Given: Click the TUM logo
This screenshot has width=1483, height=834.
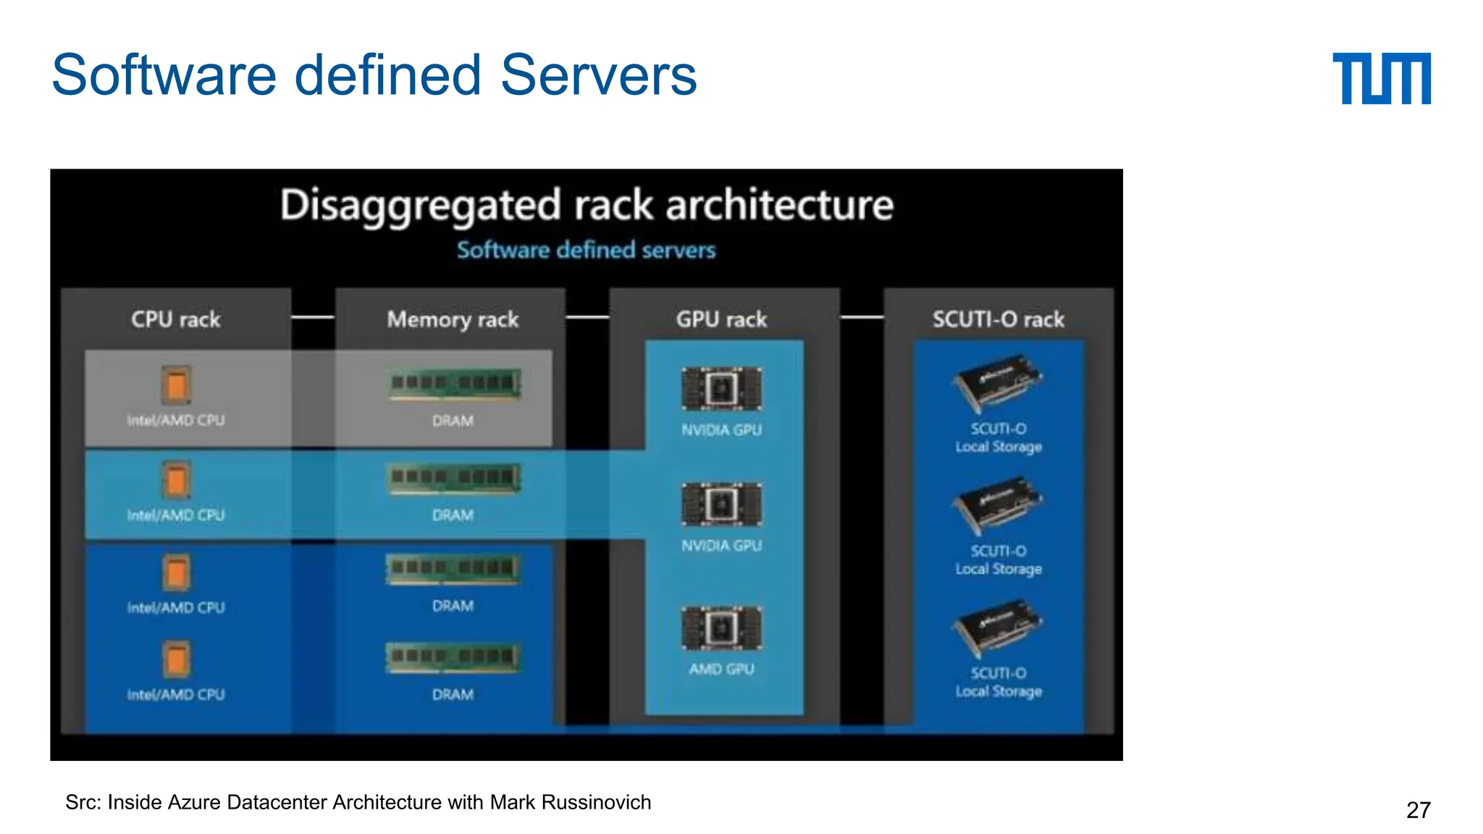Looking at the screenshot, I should pos(1381,78).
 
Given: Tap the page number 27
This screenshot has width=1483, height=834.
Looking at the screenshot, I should pos(1418,809).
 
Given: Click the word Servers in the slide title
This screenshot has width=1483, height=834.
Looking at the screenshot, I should pos(598,75).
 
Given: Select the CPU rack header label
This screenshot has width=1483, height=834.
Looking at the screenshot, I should pos(176,319).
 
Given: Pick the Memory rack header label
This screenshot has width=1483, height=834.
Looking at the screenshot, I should pos(453,319).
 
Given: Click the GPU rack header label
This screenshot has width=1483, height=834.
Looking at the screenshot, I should pos(721,319).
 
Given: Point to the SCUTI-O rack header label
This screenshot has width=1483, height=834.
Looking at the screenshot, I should pos(998,319).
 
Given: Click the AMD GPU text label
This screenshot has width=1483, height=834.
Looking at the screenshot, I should pos(721,669).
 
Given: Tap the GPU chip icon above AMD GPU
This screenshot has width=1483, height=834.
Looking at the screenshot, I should pos(721,628).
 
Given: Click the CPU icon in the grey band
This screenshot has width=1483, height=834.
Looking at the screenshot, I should pos(176,384).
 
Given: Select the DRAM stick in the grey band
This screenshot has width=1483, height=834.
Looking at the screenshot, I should pos(454,384).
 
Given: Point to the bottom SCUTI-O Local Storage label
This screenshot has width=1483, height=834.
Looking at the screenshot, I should pos(999,682).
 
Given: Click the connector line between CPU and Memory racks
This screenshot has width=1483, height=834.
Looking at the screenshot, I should pos(312,317).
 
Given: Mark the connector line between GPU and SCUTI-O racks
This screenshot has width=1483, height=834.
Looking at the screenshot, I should pos(862,317).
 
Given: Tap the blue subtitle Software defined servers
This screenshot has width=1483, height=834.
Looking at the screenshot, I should pos(586,250).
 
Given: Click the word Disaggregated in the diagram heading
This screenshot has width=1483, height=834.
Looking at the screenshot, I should pos(421,205).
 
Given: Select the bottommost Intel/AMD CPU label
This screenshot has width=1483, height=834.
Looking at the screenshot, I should pos(176,694).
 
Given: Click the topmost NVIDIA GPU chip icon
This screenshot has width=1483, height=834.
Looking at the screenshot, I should pos(721,389).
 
